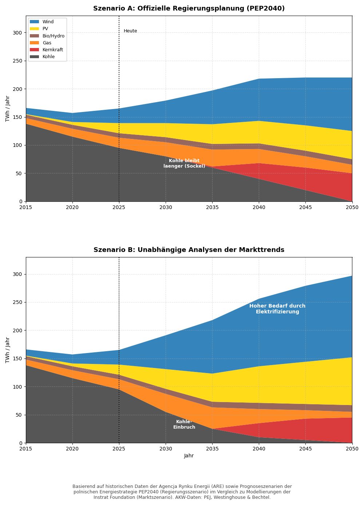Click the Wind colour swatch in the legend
coord(34,22)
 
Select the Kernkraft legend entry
coord(52,50)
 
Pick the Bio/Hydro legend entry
coord(53,36)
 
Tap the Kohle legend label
coord(48,57)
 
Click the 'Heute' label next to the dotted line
coord(130,31)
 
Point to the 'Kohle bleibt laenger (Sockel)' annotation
coord(184,164)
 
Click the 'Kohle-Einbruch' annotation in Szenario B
coord(184,425)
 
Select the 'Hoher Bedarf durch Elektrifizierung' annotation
coord(277,309)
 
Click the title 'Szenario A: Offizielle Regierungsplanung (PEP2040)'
coord(189,8)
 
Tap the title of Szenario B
coord(189,250)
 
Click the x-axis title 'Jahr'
coord(189,456)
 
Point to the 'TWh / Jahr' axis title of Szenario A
coord(8,108)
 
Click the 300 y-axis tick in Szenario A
coord(17,33)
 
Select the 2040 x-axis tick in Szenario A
coord(259,208)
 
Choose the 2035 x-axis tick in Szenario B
coord(212,449)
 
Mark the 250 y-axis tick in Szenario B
coord(17,302)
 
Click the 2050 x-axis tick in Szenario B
coord(352,449)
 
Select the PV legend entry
coord(45,29)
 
